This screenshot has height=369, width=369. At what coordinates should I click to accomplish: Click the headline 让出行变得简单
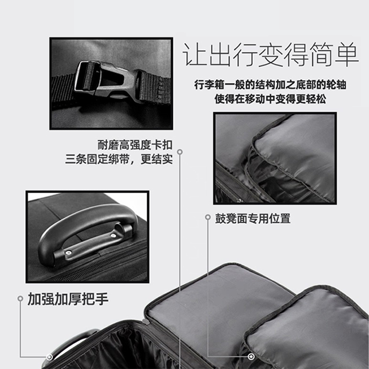click(271, 55)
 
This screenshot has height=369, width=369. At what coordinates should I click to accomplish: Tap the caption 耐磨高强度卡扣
click(135, 145)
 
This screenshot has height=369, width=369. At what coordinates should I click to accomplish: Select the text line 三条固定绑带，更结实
click(119, 159)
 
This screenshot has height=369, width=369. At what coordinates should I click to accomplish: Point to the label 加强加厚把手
click(68, 299)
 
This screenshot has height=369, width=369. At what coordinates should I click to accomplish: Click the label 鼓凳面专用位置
click(253, 219)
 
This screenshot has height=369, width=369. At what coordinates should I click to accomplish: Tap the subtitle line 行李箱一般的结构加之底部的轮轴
click(270, 85)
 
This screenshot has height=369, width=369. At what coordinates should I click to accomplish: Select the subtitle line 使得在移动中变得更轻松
click(270, 99)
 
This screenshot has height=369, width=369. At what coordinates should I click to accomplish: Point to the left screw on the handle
click(68, 252)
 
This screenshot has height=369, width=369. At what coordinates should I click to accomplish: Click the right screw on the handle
click(113, 236)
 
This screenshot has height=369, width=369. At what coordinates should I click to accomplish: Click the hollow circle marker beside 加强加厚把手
click(20, 298)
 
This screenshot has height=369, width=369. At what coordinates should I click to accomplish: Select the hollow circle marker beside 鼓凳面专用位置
click(208, 217)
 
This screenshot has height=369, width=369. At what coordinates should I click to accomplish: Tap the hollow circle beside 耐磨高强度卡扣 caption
click(180, 152)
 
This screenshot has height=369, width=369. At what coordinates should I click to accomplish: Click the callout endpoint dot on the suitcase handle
click(49, 357)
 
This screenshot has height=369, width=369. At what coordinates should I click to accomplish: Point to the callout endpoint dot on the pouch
click(251, 357)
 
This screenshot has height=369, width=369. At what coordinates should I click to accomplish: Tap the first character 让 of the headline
click(195, 55)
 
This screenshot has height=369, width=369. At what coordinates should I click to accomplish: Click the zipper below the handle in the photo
click(99, 263)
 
